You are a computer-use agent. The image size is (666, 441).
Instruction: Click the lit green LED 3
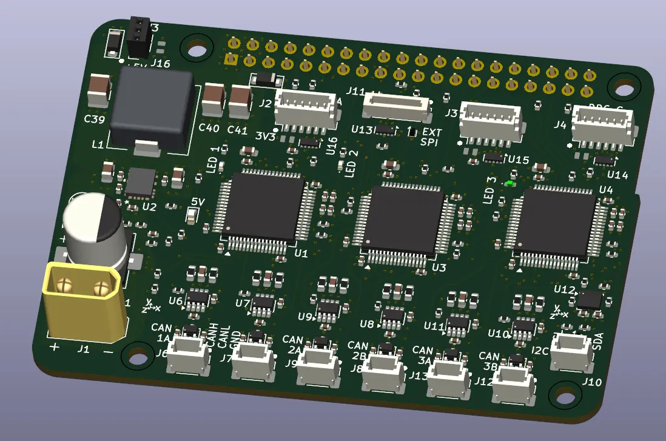coord(510,183)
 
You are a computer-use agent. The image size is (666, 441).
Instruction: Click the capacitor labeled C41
coord(240,102)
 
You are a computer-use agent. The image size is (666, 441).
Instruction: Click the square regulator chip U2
coord(140,183)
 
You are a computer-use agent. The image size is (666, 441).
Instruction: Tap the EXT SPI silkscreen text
coord(432,136)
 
